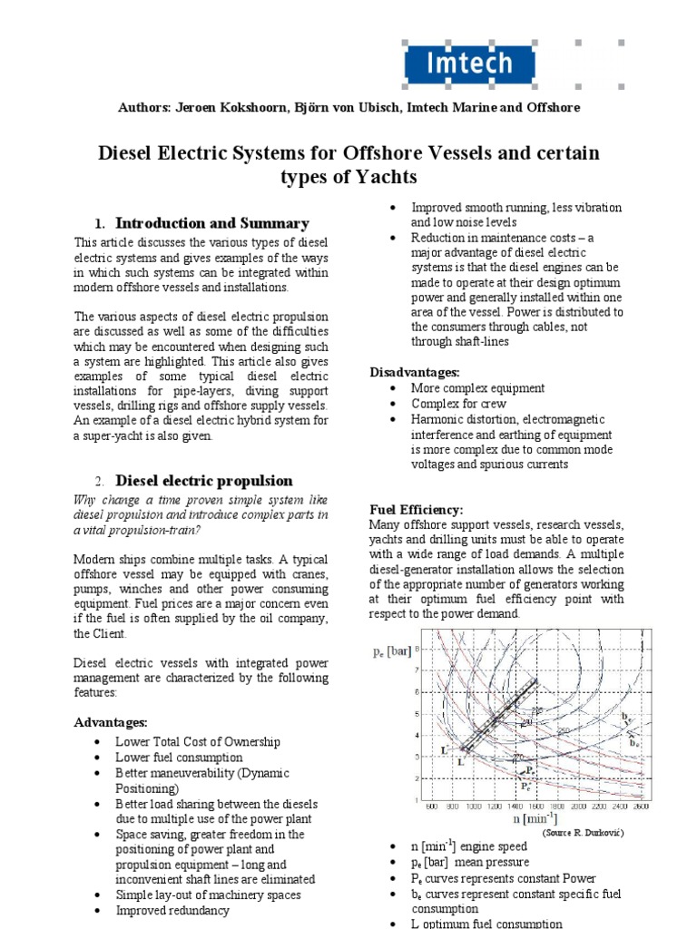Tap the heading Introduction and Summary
(x=212, y=223)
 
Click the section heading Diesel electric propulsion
(x=204, y=481)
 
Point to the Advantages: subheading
(x=110, y=722)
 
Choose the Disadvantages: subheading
(x=415, y=372)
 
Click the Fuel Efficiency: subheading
(x=416, y=510)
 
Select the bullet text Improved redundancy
(x=172, y=911)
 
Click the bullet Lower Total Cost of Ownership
(x=198, y=741)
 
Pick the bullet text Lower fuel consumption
(x=179, y=757)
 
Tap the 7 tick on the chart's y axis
(x=417, y=670)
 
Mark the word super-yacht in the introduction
(x=112, y=435)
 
